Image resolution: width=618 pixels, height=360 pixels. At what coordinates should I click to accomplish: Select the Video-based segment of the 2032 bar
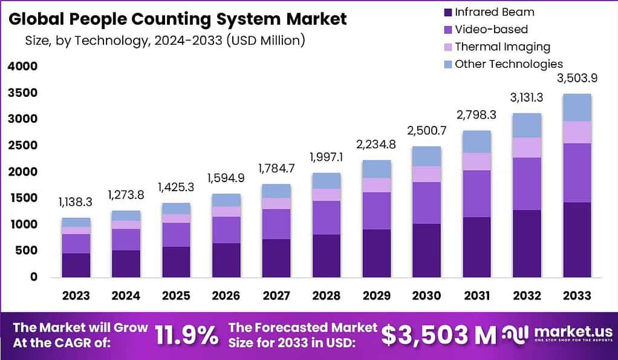click(527, 184)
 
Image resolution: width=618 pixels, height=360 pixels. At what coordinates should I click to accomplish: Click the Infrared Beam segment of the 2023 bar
click(76, 265)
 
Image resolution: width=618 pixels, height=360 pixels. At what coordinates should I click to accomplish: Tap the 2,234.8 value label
click(377, 144)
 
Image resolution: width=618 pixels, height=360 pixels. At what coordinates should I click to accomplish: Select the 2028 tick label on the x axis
click(327, 295)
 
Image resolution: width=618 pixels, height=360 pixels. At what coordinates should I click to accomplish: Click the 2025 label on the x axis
click(175, 295)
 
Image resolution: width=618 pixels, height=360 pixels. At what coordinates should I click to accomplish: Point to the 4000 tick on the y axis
click(22, 67)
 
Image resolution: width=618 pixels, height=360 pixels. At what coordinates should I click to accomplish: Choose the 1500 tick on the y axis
click(22, 198)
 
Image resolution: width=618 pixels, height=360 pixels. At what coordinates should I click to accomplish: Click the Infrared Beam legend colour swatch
click(447, 11)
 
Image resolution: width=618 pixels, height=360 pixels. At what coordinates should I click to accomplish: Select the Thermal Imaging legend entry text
click(502, 47)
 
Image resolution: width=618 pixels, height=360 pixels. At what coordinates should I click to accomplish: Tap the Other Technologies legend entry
click(509, 64)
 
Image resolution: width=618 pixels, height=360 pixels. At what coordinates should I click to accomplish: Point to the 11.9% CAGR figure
click(187, 335)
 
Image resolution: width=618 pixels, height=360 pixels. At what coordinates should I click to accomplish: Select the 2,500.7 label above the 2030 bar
click(427, 131)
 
